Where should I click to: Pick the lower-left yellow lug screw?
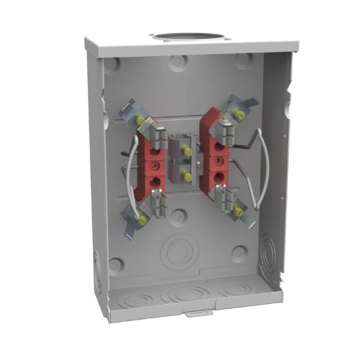point(143,219)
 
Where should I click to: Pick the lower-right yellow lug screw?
point(237,212)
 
